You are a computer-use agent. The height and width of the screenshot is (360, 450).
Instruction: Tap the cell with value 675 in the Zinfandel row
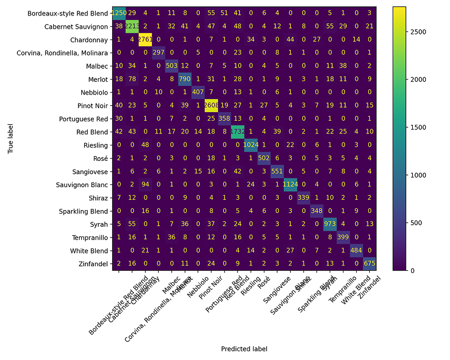click(x=370, y=263)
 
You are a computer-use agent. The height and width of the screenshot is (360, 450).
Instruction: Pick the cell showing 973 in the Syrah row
click(x=331, y=223)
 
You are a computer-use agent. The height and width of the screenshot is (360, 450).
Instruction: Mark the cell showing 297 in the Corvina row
click(x=160, y=52)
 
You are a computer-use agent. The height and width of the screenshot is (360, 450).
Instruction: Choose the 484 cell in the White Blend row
click(x=357, y=250)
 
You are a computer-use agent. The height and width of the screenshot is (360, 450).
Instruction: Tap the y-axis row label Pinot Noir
click(x=92, y=105)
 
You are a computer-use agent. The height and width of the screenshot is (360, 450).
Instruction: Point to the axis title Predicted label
click(x=245, y=349)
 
